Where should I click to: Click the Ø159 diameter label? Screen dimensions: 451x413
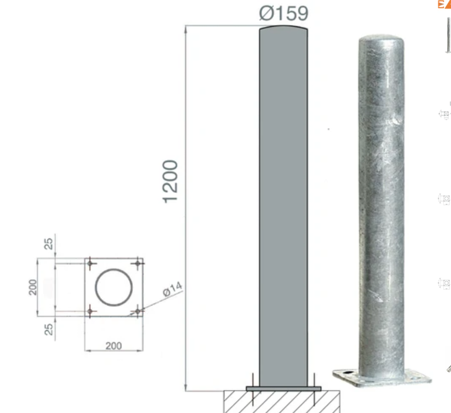pyautogui.click(x=284, y=13)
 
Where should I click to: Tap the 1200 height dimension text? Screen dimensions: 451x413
pyautogui.click(x=170, y=182)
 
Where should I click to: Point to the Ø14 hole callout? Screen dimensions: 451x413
pyautogui.click(x=172, y=289)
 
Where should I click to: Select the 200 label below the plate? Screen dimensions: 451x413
pyautogui.click(x=114, y=346)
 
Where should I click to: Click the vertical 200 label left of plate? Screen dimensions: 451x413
pyautogui.click(x=33, y=287)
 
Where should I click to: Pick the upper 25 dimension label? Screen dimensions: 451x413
pyautogui.click(x=49, y=244)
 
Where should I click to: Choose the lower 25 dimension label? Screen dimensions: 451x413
pyautogui.click(x=49, y=329)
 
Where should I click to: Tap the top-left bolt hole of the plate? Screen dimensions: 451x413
pyautogui.click(x=90, y=263)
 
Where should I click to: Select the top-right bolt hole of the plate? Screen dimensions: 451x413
pyautogui.click(x=138, y=263)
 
